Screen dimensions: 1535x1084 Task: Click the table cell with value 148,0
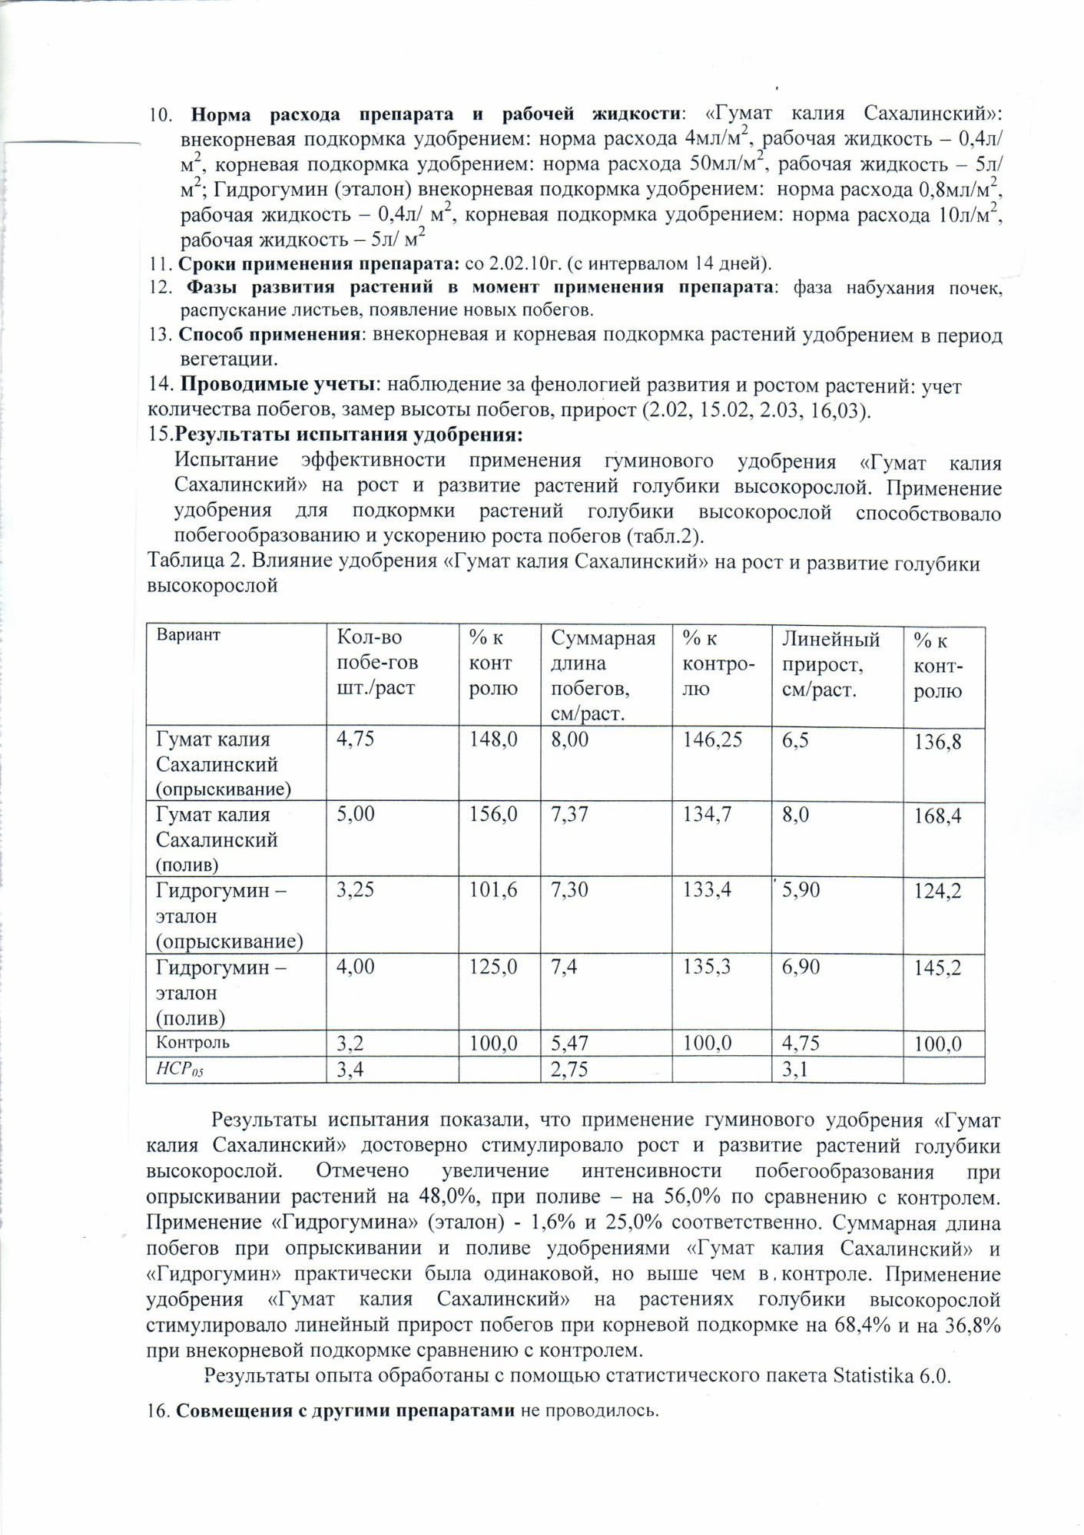tap(493, 739)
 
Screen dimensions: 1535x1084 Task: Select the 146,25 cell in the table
tap(712, 739)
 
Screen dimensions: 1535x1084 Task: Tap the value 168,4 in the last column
tap(937, 816)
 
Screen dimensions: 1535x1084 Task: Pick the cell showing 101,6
tap(493, 890)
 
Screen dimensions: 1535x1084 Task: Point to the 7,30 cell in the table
tap(570, 890)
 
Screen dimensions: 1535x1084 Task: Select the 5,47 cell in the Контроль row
tap(570, 1043)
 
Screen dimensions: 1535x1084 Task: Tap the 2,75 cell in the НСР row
tap(570, 1069)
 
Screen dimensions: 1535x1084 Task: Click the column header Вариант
tap(188, 635)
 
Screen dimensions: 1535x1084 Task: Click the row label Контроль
tap(193, 1043)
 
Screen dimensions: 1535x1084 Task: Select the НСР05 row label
tap(180, 1069)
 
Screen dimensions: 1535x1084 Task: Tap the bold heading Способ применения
tap(270, 335)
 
